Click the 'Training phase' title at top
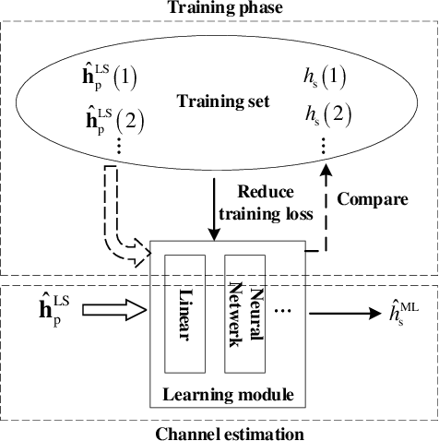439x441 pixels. [x=219, y=8]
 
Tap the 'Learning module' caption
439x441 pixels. [x=228, y=396]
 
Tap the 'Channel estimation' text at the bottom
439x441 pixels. [x=219, y=432]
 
